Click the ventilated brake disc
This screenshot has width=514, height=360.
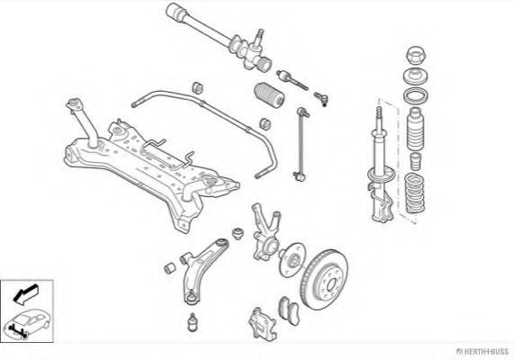[324, 279]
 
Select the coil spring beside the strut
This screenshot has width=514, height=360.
[414, 193]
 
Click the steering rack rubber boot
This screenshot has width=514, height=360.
[269, 94]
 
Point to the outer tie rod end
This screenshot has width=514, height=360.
[321, 98]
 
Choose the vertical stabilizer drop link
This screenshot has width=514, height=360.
[301, 144]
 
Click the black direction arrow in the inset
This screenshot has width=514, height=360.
[25, 293]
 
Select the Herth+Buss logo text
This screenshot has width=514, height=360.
[482, 352]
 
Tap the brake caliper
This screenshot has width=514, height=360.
[262, 324]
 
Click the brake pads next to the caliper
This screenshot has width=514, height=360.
[289, 310]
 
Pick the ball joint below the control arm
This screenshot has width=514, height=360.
[193, 322]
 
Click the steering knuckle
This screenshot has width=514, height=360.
[266, 232]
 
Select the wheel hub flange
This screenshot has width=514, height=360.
[292, 258]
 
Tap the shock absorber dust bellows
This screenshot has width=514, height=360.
[415, 129]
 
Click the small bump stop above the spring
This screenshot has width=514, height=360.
[416, 161]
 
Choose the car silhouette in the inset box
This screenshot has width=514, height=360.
[27, 323]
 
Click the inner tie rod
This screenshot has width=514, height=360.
[292, 80]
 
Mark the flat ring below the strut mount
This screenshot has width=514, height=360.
[415, 96]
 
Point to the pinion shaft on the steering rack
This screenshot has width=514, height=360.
[259, 37]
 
